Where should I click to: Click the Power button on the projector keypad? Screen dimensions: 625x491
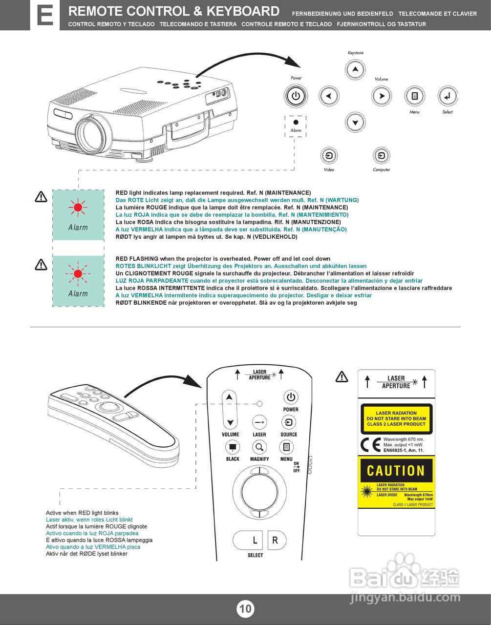click(296, 96)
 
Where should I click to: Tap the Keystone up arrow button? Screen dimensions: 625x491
click(356, 69)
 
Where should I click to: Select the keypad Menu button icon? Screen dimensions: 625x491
click(414, 96)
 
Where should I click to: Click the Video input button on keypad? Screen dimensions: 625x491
click(329, 156)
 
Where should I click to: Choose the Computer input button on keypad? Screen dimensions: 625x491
click(381, 156)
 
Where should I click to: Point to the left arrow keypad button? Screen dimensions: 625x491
click(329, 96)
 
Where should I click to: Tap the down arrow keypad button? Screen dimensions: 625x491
click(356, 122)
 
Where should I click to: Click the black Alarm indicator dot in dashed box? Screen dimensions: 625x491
click(296, 122)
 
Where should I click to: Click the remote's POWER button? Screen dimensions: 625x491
click(291, 397)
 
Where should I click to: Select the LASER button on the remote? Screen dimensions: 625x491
click(259, 422)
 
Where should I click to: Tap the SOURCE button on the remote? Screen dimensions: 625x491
click(289, 422)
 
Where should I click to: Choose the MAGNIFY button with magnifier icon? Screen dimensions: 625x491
click(259, 447)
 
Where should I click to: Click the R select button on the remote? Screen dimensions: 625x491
click(276, 540)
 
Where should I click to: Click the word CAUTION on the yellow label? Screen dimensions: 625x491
click(396, 471)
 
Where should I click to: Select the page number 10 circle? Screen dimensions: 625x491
click(245, 608)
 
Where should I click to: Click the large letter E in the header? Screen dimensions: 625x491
click(45, 16)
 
